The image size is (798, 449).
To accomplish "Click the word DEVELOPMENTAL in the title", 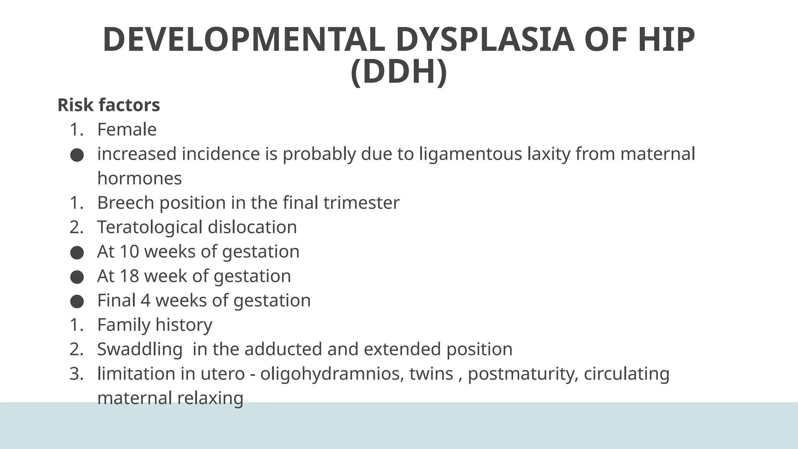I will point(244,40).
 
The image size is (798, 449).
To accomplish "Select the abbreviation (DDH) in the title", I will point(399,72).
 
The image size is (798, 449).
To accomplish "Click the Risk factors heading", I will point(109,105).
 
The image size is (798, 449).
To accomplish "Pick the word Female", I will point(127,129).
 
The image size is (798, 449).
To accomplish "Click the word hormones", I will point(139,179).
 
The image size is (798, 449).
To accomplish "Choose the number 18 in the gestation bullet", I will point(129,276).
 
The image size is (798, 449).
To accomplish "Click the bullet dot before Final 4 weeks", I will point(77,301).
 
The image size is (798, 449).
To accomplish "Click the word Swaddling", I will point(139,349).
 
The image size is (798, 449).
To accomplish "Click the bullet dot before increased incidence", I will point(77,155).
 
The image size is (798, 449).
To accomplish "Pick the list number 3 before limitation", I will point(75,374).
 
